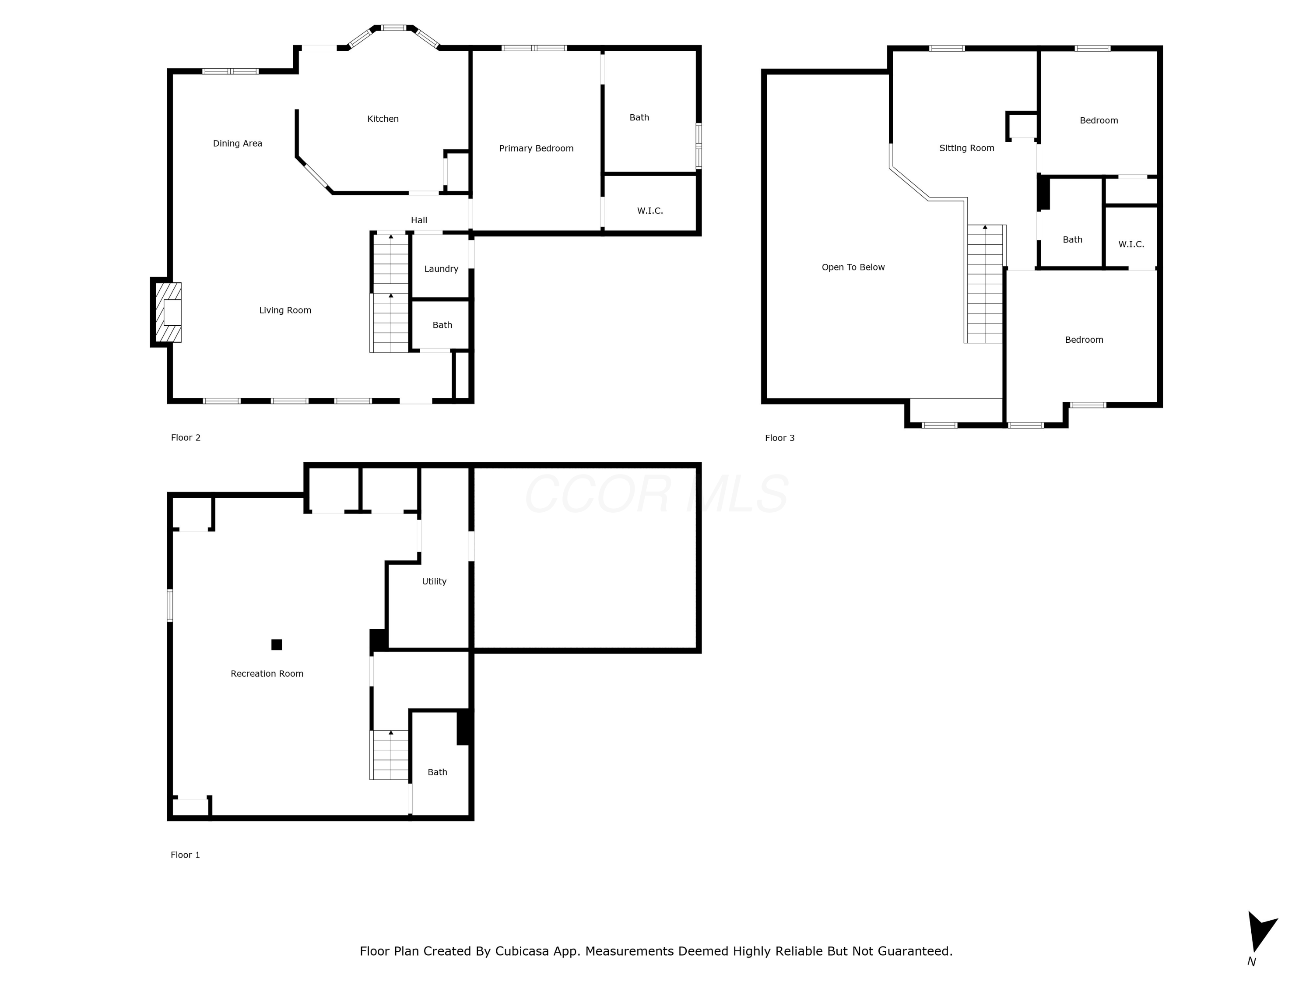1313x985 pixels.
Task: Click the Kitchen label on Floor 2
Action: (x=383, y=119)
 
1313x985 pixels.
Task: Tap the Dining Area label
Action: (x=237, y=144)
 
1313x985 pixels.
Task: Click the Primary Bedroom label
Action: (x=536, y=148)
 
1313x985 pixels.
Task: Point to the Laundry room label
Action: (x=441, y=269)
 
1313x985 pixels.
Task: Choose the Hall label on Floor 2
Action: (x=419, y=220)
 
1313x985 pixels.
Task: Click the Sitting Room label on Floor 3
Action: (x=966, y=148)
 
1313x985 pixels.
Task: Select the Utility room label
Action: (x=434, y=582)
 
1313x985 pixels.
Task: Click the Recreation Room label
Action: (x=267, y=674)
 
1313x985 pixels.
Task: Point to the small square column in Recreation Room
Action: (x=277, y=645)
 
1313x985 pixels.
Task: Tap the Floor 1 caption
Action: (x=185, y=855)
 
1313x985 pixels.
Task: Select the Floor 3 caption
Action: (x=779, y=438)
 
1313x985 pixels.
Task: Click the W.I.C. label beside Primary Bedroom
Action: (x=650, y=211)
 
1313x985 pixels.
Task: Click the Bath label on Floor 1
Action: (x=438, y=772)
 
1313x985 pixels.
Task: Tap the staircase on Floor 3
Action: (x=985, y=284)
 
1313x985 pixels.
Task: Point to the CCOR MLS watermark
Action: (x=656, y=494)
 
